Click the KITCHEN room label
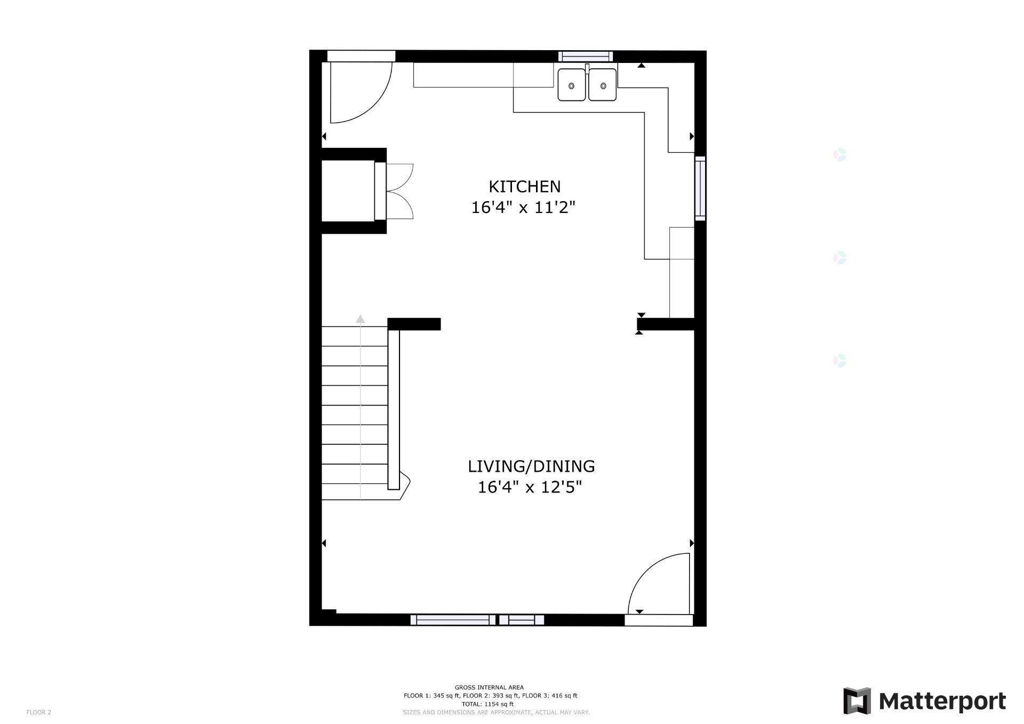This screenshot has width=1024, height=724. click(x=525, y=187)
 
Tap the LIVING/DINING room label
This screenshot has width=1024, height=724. click(x=531, y=466)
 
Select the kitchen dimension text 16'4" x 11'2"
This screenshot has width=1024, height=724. click(x=524, y=207)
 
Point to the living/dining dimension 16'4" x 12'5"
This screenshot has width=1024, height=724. click(x=530, y=487)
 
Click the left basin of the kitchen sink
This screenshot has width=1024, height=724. click(x=572, y=85)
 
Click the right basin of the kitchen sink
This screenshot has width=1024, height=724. click(x=603, y=85)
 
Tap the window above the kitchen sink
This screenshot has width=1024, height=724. click(x=586, y=56)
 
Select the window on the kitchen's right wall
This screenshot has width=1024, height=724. click(x=700, y=188)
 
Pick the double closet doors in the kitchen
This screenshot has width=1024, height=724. click(x=399, y=192)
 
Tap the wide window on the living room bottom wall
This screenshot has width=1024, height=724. click(x=453, y=620)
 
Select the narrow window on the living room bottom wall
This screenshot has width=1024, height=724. click(x=521, y=620)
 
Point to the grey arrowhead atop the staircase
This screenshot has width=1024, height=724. click(x=361, y=319)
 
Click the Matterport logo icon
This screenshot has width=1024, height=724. click(x=857, y=701)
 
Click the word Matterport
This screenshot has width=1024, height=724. click(x=942, y=701)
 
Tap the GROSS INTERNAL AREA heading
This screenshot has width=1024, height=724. click(x=489, y=687)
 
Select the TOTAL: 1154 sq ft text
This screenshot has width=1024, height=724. click(x=489, y=704)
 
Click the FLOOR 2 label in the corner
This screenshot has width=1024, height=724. click(x=39, y=712)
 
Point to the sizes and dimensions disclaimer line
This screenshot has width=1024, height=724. click(x=496, y=712)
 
